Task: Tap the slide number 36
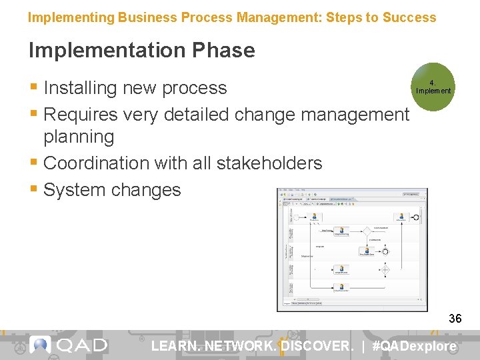coord(455,319)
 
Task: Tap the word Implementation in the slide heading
coord(105,50)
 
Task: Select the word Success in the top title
coord(409,17)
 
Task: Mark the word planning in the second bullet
coord(79,137)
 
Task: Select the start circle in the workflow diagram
coord(297,217)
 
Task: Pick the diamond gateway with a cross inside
coord(385,270)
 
